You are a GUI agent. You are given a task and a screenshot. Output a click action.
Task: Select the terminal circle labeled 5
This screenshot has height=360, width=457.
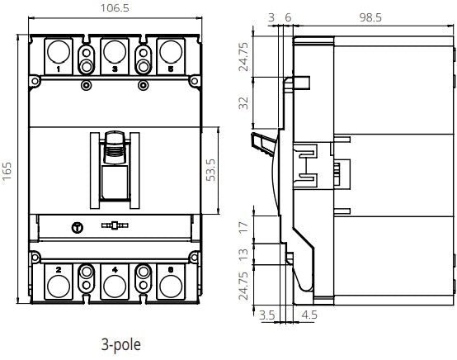point(170,53)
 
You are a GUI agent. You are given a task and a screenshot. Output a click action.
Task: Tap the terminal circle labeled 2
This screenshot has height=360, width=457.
point(59,285)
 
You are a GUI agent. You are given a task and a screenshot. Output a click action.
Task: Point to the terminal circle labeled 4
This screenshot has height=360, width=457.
point(115,285)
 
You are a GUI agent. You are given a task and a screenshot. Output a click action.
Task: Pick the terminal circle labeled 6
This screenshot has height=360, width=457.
point(170,285)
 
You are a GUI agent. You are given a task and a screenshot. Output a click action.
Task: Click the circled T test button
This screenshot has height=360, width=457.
point(79,225)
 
